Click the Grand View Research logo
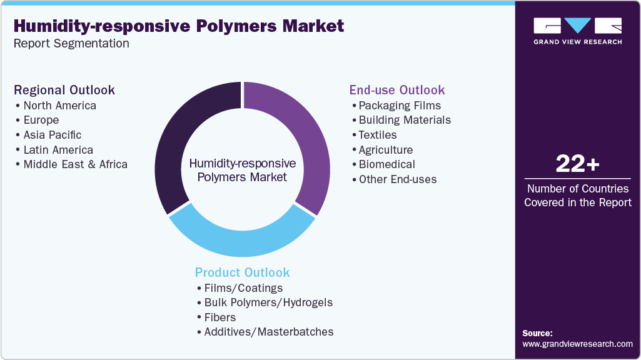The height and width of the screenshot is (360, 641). [x=577, y=31]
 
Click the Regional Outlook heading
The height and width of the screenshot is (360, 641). [x=64, y=90]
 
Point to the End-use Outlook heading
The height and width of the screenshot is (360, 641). [x=397, y=90]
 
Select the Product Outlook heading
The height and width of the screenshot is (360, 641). [x=242, y=272]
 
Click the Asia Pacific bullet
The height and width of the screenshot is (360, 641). [x=53, y=135]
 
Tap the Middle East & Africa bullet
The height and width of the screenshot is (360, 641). [x=75, y=164]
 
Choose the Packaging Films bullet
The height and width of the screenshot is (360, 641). [x=400, y=105]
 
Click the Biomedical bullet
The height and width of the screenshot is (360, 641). [x=386, y=164]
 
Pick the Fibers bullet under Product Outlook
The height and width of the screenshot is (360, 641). [x=220, y=317]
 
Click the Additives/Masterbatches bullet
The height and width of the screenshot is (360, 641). [x=268, y=332]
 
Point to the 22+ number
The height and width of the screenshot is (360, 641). [x=577, y=164]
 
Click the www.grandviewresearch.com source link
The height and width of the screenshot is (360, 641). [x=577, y=344]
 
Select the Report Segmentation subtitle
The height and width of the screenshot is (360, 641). [x=71, y=44]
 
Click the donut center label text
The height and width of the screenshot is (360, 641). [x=242, y=170]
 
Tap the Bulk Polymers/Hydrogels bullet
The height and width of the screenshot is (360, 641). [x=268, y=302]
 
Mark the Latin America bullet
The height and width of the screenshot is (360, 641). [x=58, y=150]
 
